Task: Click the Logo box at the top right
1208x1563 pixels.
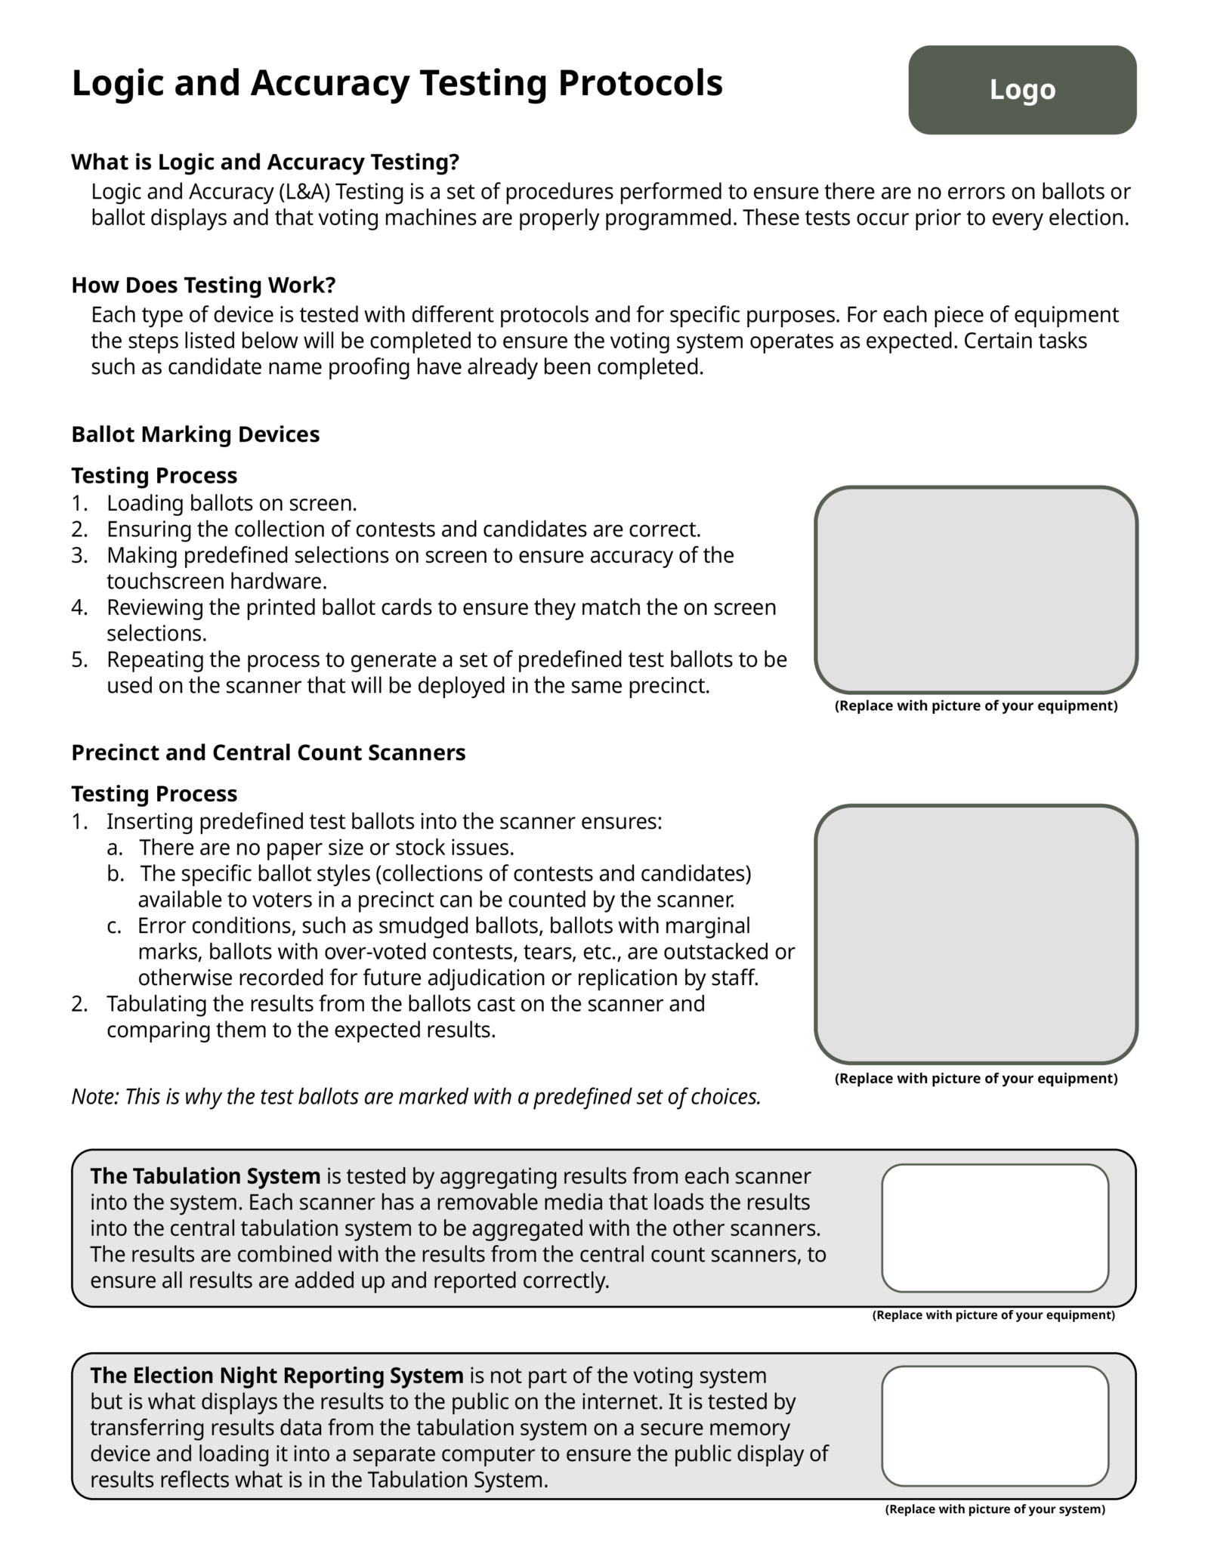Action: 1021,90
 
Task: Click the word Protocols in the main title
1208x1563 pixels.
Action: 640,83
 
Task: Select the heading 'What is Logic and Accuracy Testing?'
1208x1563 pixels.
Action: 265,162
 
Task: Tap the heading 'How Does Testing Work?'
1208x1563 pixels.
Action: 203,286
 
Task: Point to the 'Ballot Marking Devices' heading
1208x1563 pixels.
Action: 195,434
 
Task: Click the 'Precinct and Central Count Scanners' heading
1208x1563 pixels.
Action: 268,752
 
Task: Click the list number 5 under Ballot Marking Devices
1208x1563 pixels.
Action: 79,659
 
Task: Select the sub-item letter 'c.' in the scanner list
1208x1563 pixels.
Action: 114,925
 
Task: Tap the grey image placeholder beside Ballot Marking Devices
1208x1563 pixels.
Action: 975,589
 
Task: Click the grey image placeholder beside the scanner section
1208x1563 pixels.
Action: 975,934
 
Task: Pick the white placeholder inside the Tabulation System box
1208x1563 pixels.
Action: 994,1228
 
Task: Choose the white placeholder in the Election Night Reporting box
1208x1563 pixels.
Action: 994,1426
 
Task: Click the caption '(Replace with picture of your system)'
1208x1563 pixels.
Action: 994,1509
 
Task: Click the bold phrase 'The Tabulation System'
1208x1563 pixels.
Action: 205,1176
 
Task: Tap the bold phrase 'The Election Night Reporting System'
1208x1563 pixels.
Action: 277,1375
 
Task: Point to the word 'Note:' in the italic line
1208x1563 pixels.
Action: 95,1097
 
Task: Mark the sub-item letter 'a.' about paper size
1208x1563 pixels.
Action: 114,848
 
